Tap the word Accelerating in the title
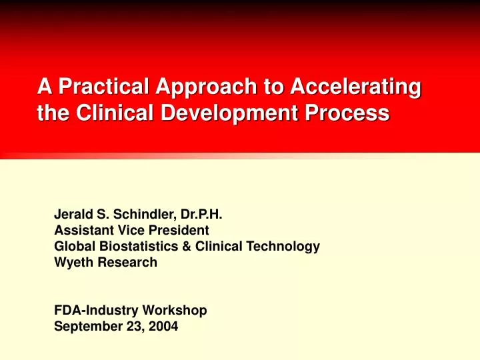(x=347, y=87)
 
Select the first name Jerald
(x=71, y=215)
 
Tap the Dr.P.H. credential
(x=201, y=215)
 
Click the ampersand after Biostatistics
(x=179, y=246)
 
